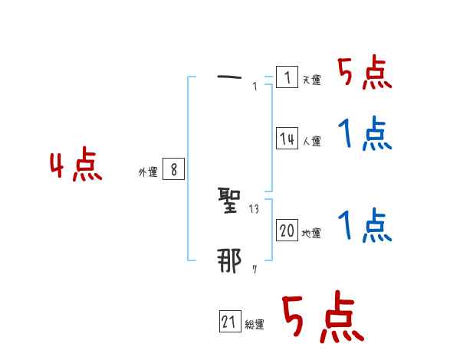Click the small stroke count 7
coord(255,270)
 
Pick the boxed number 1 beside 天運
coord(287,77)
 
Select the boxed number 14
coord(287,139)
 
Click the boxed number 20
coord(287,231)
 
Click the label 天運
coord(311,80)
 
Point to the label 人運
coord(311,142)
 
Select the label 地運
coord(311,234)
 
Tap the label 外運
coord(148,173)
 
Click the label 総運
coord(255,326)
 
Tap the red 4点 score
coord(76,167)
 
